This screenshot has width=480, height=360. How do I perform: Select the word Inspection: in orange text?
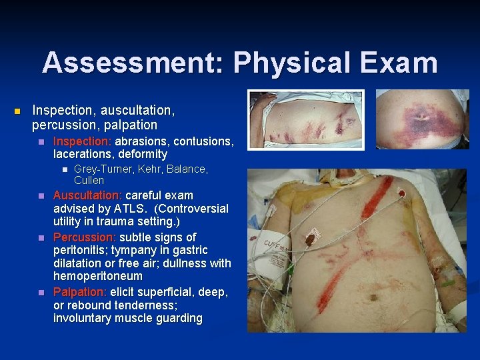point(83,141)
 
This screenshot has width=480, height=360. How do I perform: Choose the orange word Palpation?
point(80,292)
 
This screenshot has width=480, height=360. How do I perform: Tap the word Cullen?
point(89,180)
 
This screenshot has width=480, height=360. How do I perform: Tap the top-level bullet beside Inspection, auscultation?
point(18,110)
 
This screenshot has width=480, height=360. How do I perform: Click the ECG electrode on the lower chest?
point(311,237)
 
